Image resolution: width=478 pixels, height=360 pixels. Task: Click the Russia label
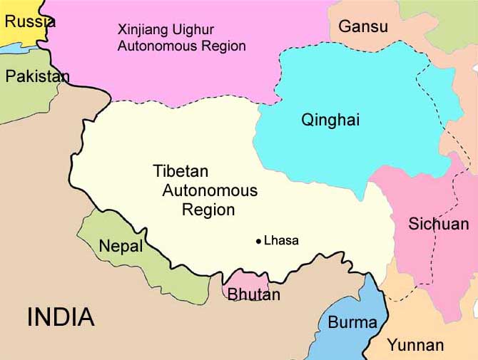click(x=29, y=21)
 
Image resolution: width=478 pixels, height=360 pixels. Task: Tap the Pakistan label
click(x=38, y=76)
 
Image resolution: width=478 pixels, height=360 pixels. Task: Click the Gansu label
click(x=363, y=27)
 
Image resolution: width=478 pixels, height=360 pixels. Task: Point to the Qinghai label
click(x=330, y=120)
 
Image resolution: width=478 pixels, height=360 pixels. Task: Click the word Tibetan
click(x=180, y=171)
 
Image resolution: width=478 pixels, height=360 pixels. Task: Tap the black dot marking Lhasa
click(x=258, y=241)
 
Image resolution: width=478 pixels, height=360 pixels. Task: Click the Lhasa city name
click(x=281, y=241)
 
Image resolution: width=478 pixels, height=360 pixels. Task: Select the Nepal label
click(x=121, y=247)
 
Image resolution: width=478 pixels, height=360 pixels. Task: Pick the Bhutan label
click(x=253, y=294)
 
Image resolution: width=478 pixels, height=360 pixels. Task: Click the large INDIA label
click(x=61, y=317)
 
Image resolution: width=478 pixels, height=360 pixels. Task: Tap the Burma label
click(x=352, y=322)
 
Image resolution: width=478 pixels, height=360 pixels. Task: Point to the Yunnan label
click(x=415, y=346)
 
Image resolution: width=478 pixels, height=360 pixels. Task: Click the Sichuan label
click(x=438, y=224)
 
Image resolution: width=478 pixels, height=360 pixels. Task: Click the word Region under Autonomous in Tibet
click(x=208, y=210)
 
